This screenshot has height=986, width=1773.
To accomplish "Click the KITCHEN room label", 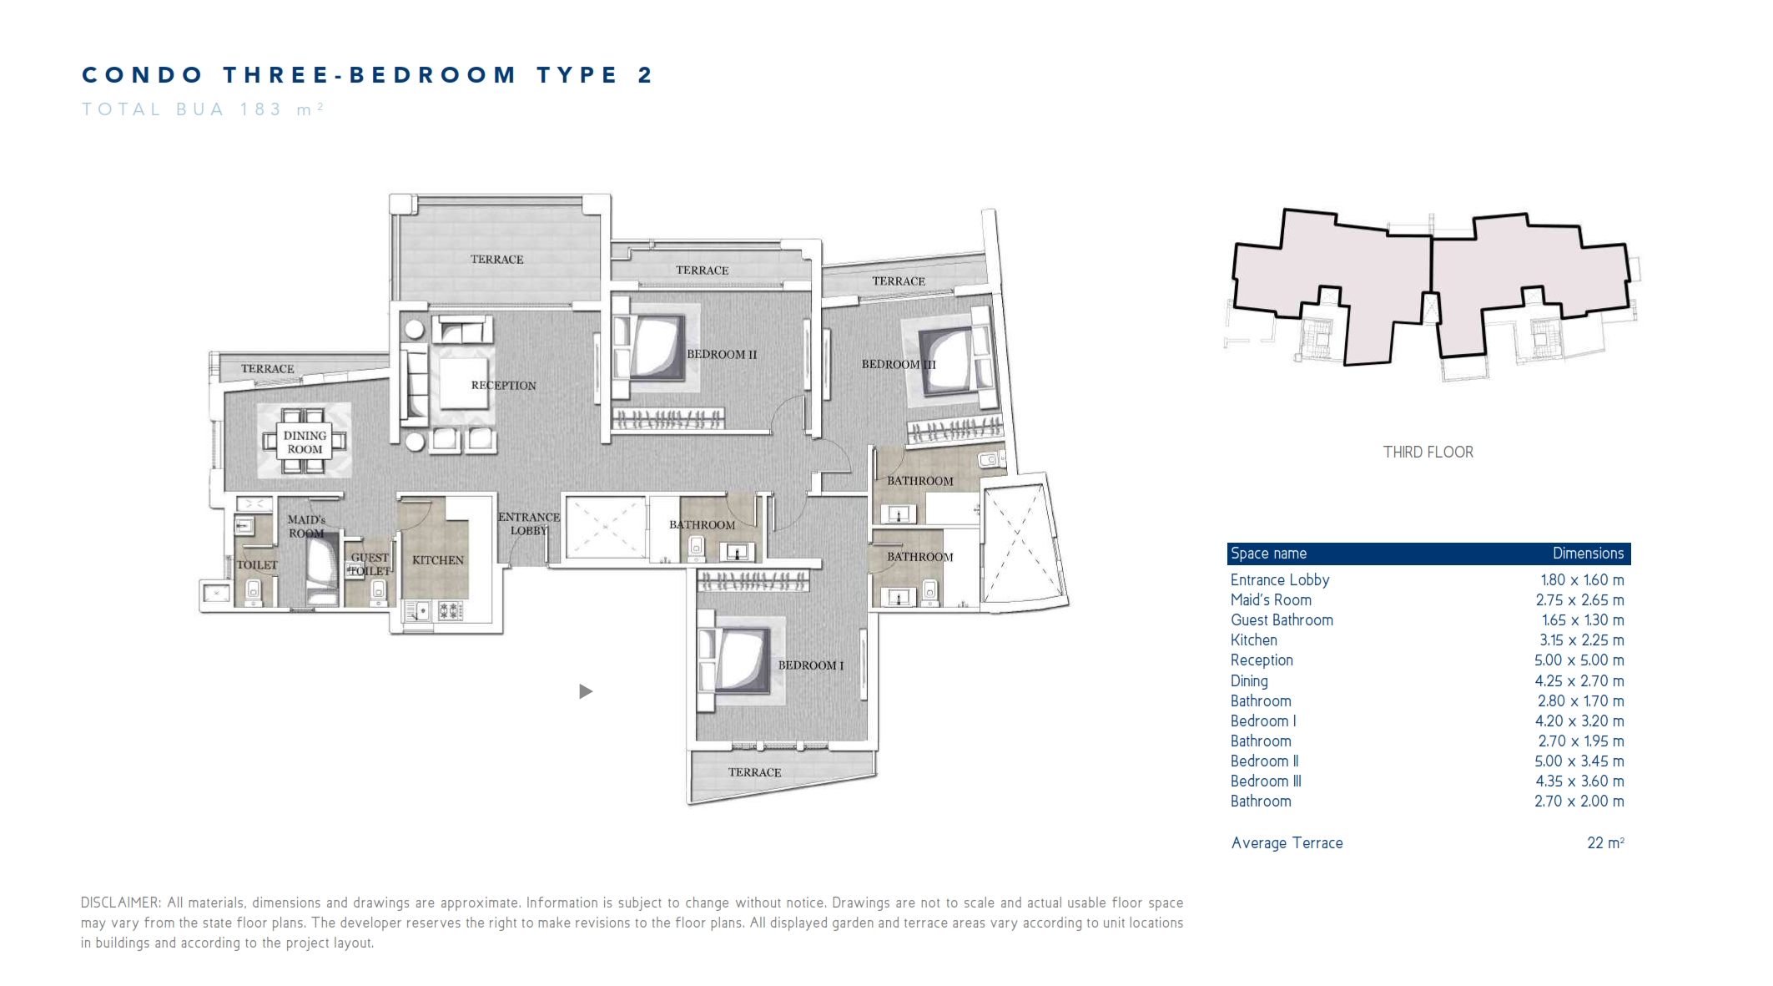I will pos(437,560).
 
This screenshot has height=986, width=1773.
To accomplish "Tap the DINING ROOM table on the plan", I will pos(304,442).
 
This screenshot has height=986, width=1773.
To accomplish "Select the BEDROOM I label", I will pos(810,665).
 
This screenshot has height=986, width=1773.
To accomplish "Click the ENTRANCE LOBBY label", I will pos(528,523).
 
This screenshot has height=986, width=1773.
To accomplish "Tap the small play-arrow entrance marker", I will pos(586,691).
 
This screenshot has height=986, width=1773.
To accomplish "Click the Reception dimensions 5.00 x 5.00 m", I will pos(1579,660).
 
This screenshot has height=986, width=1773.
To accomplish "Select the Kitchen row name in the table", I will pos(1253,640).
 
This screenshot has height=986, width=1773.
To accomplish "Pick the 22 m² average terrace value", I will pos(1605,843).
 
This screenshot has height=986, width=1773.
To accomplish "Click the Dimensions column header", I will pos(1588,554).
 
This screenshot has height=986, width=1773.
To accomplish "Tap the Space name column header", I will pos(1268,554).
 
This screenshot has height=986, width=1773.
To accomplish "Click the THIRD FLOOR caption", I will pos(1428,453).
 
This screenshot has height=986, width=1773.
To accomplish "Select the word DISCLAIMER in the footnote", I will pos(120,903).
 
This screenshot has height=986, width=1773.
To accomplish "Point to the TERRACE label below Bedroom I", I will pos(754,772).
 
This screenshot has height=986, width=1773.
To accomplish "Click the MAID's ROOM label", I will pos(306,526).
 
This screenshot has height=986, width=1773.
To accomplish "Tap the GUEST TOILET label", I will pos(369,564).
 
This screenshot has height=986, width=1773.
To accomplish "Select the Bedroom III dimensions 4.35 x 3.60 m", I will pos(1579,781).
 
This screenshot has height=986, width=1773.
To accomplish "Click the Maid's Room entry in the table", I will pos(1271,600).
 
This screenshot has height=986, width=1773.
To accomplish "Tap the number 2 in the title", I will pos(645,75).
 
